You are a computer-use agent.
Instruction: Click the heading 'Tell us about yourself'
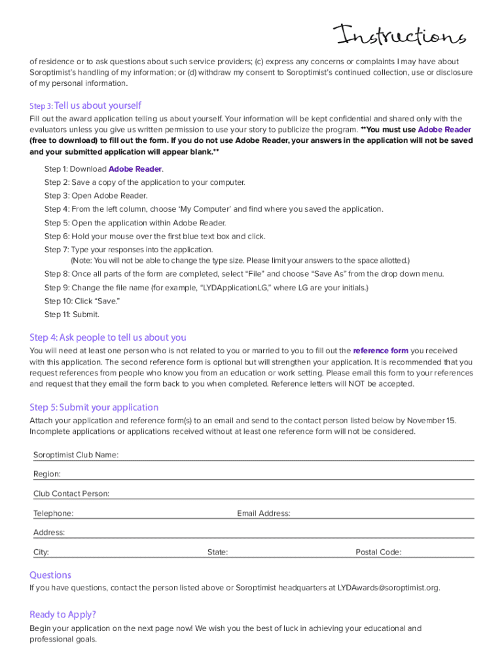(x=98, y=105)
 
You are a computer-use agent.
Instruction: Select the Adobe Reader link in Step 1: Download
(x=135, y=169)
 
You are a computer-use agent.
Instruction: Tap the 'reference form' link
(x=380, y=351)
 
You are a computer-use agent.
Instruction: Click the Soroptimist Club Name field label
(x=76, y=455)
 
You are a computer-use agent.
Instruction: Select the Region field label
(x=47, y=474)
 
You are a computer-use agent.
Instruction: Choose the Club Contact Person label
(x=71, y=493)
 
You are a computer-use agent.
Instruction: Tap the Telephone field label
(x=54, y=513)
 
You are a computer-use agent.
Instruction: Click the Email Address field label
(x=264, y=513)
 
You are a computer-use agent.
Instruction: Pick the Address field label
(x=49, y=533)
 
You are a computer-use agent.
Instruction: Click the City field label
(x=41, y=552)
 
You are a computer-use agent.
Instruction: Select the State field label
(x=217, y=552)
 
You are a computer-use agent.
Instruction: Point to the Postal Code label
(x=378, y=552)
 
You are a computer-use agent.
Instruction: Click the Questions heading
(x=50, y=575)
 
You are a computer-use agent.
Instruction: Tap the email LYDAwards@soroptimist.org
(x=388, y=588)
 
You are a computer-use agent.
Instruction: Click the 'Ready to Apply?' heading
(x=63, y=614)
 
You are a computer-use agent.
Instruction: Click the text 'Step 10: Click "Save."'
(x=82, y=301)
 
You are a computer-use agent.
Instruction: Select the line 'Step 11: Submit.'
(x=72, y=315)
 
